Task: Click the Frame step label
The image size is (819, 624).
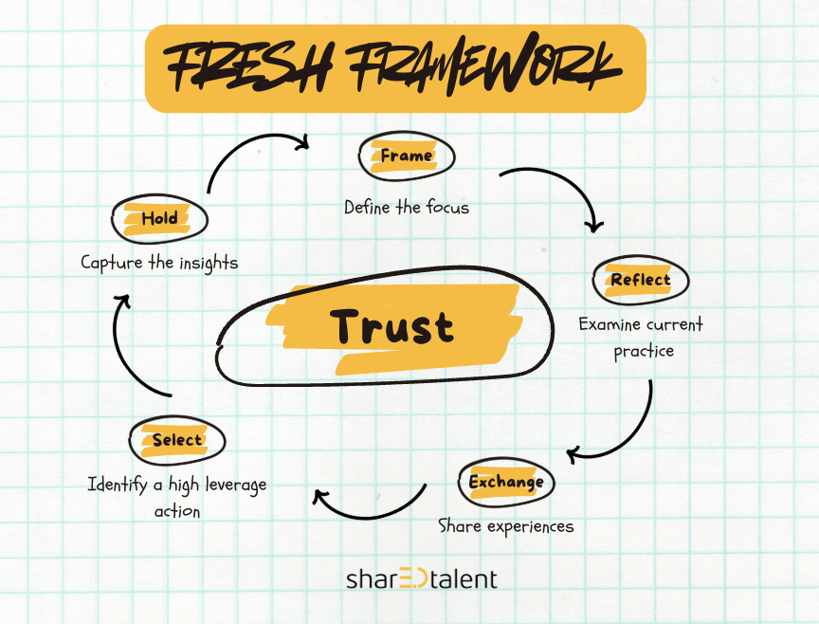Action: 407,156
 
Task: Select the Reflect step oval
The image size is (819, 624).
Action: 640,280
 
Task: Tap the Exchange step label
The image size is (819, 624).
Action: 506,482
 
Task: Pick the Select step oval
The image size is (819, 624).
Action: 177,440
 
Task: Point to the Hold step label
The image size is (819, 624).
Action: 159,219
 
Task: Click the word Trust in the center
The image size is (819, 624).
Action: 392,327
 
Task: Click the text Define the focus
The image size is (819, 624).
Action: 406,207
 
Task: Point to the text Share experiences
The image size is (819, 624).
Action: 505,525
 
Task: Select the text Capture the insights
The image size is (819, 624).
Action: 159,263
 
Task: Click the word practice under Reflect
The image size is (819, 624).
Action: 644,351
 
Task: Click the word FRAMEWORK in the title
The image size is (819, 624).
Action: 489,68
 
